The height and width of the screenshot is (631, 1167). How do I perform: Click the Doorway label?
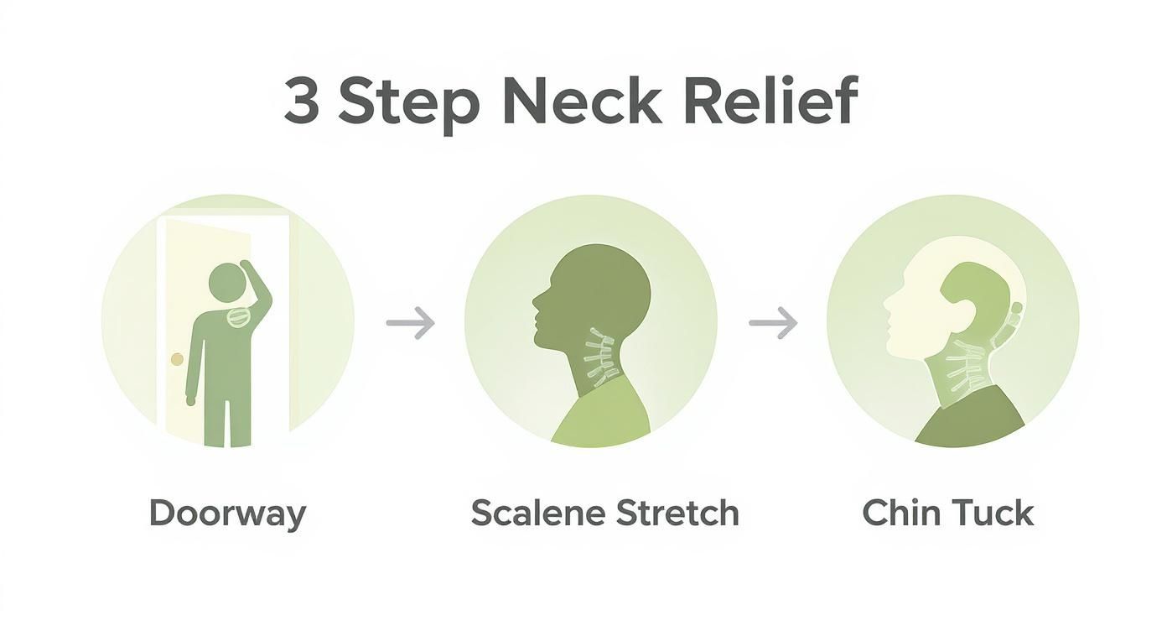(x=227, y=513)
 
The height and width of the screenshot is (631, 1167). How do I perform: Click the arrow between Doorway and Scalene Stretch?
(x=411, y=323)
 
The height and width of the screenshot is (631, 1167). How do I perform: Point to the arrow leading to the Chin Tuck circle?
(x=773, y=323)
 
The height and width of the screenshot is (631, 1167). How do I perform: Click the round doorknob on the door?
(x=177, y=359)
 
